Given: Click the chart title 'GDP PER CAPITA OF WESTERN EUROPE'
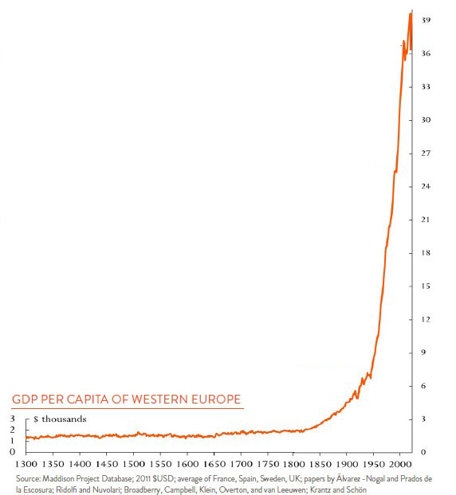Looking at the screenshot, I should pyautogui.click(x=126, y=400).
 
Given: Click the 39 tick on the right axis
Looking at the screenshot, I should pyautogui.click(x=427, y=20).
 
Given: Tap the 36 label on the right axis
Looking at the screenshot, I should pyautogui.click(x=427, y=53).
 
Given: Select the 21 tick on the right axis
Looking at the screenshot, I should pyautogui.click(x=427, y=220).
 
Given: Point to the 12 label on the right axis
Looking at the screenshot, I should pyautogui.click(x=427, y=319).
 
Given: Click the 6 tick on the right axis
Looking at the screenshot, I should pyautogui.click(x=428, y=386).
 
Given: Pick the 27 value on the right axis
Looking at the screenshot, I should pyautogui.click(x=427, y=153).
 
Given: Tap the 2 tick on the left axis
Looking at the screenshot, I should pyautogui.click(x=12, y=430).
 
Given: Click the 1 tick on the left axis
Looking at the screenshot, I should pyautogui.click(x=12, y=441).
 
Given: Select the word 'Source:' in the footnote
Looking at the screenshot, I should pyautogui.click(x=29, y=478).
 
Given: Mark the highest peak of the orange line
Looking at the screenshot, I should pyautogui.click(x=411, y=13).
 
